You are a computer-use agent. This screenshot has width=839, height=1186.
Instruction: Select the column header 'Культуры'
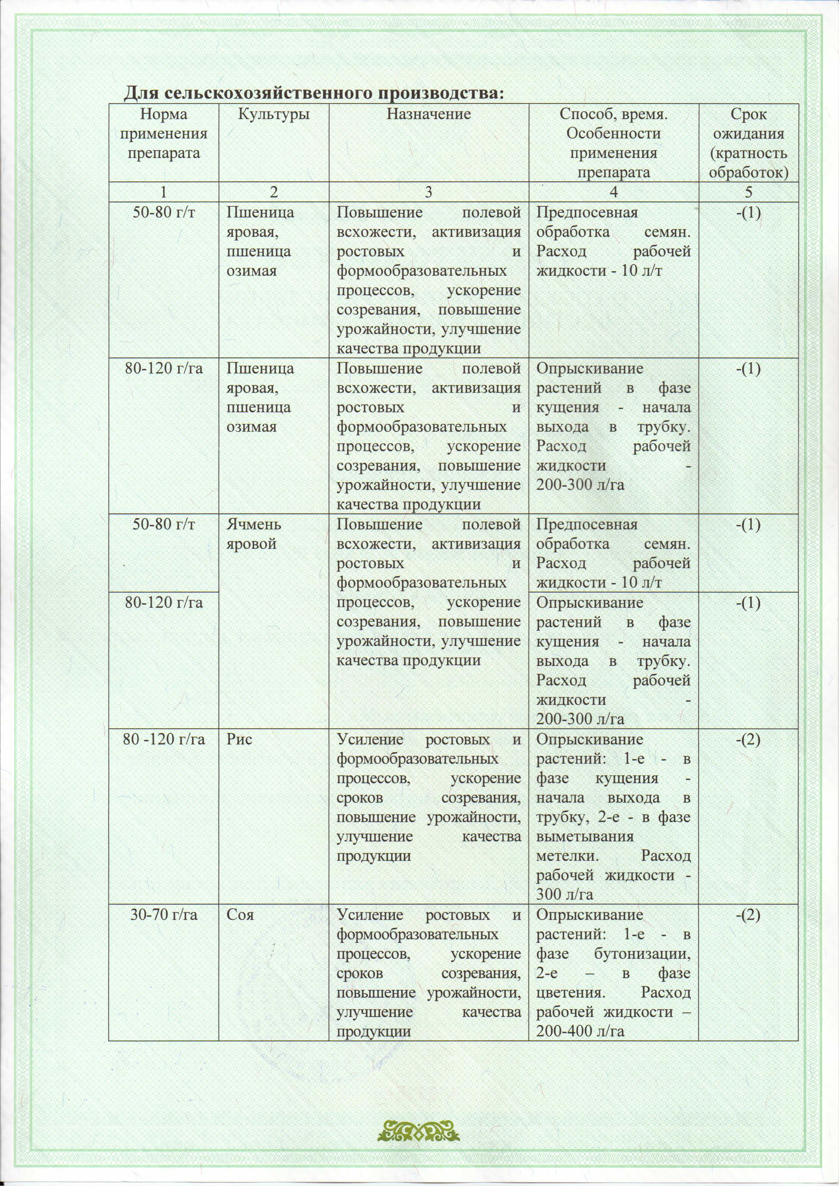pos(273,114)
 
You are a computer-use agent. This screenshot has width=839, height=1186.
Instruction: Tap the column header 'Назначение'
pos(429,114)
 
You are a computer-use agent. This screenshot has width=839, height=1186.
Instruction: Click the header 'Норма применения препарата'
pos(163,134)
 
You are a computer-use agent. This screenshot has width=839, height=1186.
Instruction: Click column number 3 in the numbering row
pos(428,192)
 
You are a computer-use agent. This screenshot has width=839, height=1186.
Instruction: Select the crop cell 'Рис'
pos(239,739)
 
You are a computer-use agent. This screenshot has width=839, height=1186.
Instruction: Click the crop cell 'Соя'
pos(240,915)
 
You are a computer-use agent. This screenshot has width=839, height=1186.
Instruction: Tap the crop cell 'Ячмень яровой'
pos(254,534)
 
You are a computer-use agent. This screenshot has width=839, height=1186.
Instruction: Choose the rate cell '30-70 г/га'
pos(163,915)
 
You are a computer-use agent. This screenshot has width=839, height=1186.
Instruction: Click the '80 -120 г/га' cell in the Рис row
pos(163,739)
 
